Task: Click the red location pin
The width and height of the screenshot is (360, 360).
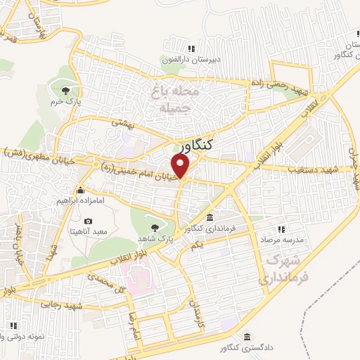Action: click(181, 166)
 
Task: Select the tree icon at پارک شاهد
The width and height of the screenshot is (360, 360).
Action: click(155, 227)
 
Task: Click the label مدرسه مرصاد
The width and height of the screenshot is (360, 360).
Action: click(281, 240)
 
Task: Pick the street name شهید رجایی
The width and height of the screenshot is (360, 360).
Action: click(62, 306)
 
